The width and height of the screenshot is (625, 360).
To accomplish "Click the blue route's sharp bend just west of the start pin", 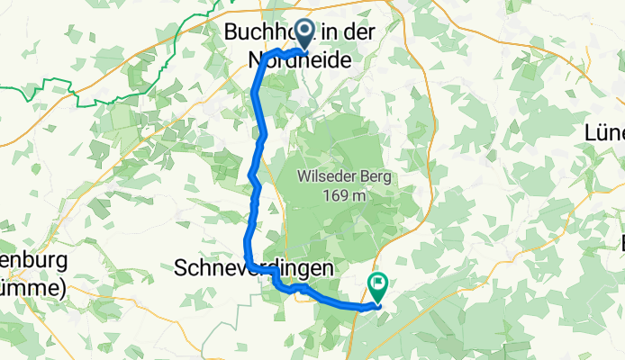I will [267, 57].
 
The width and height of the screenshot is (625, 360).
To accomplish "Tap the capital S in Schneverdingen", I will [179, 268].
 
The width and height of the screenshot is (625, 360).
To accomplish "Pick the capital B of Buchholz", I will [231, 31].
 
